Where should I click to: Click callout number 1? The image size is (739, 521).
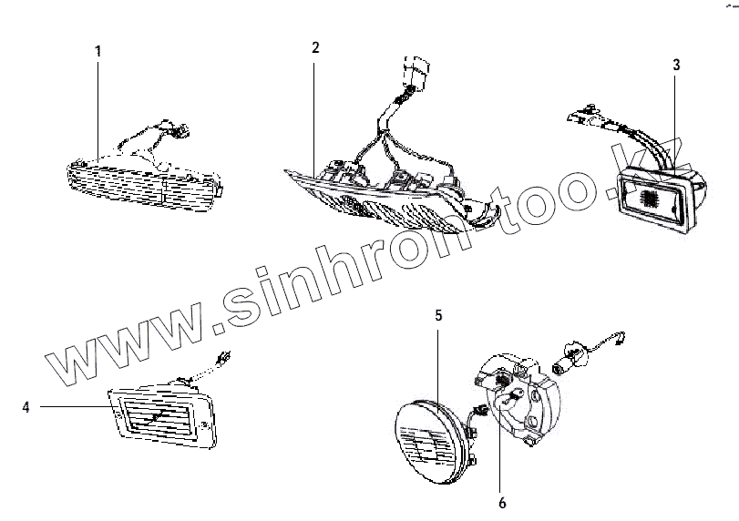pos(98,50)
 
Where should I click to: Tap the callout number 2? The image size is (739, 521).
pos(314,46)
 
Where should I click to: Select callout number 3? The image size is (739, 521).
pos(675,66)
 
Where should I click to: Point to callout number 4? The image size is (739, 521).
pos(26,407)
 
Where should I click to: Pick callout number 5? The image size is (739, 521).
pos(438,316)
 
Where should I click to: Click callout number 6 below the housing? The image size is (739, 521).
pos(501,502)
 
